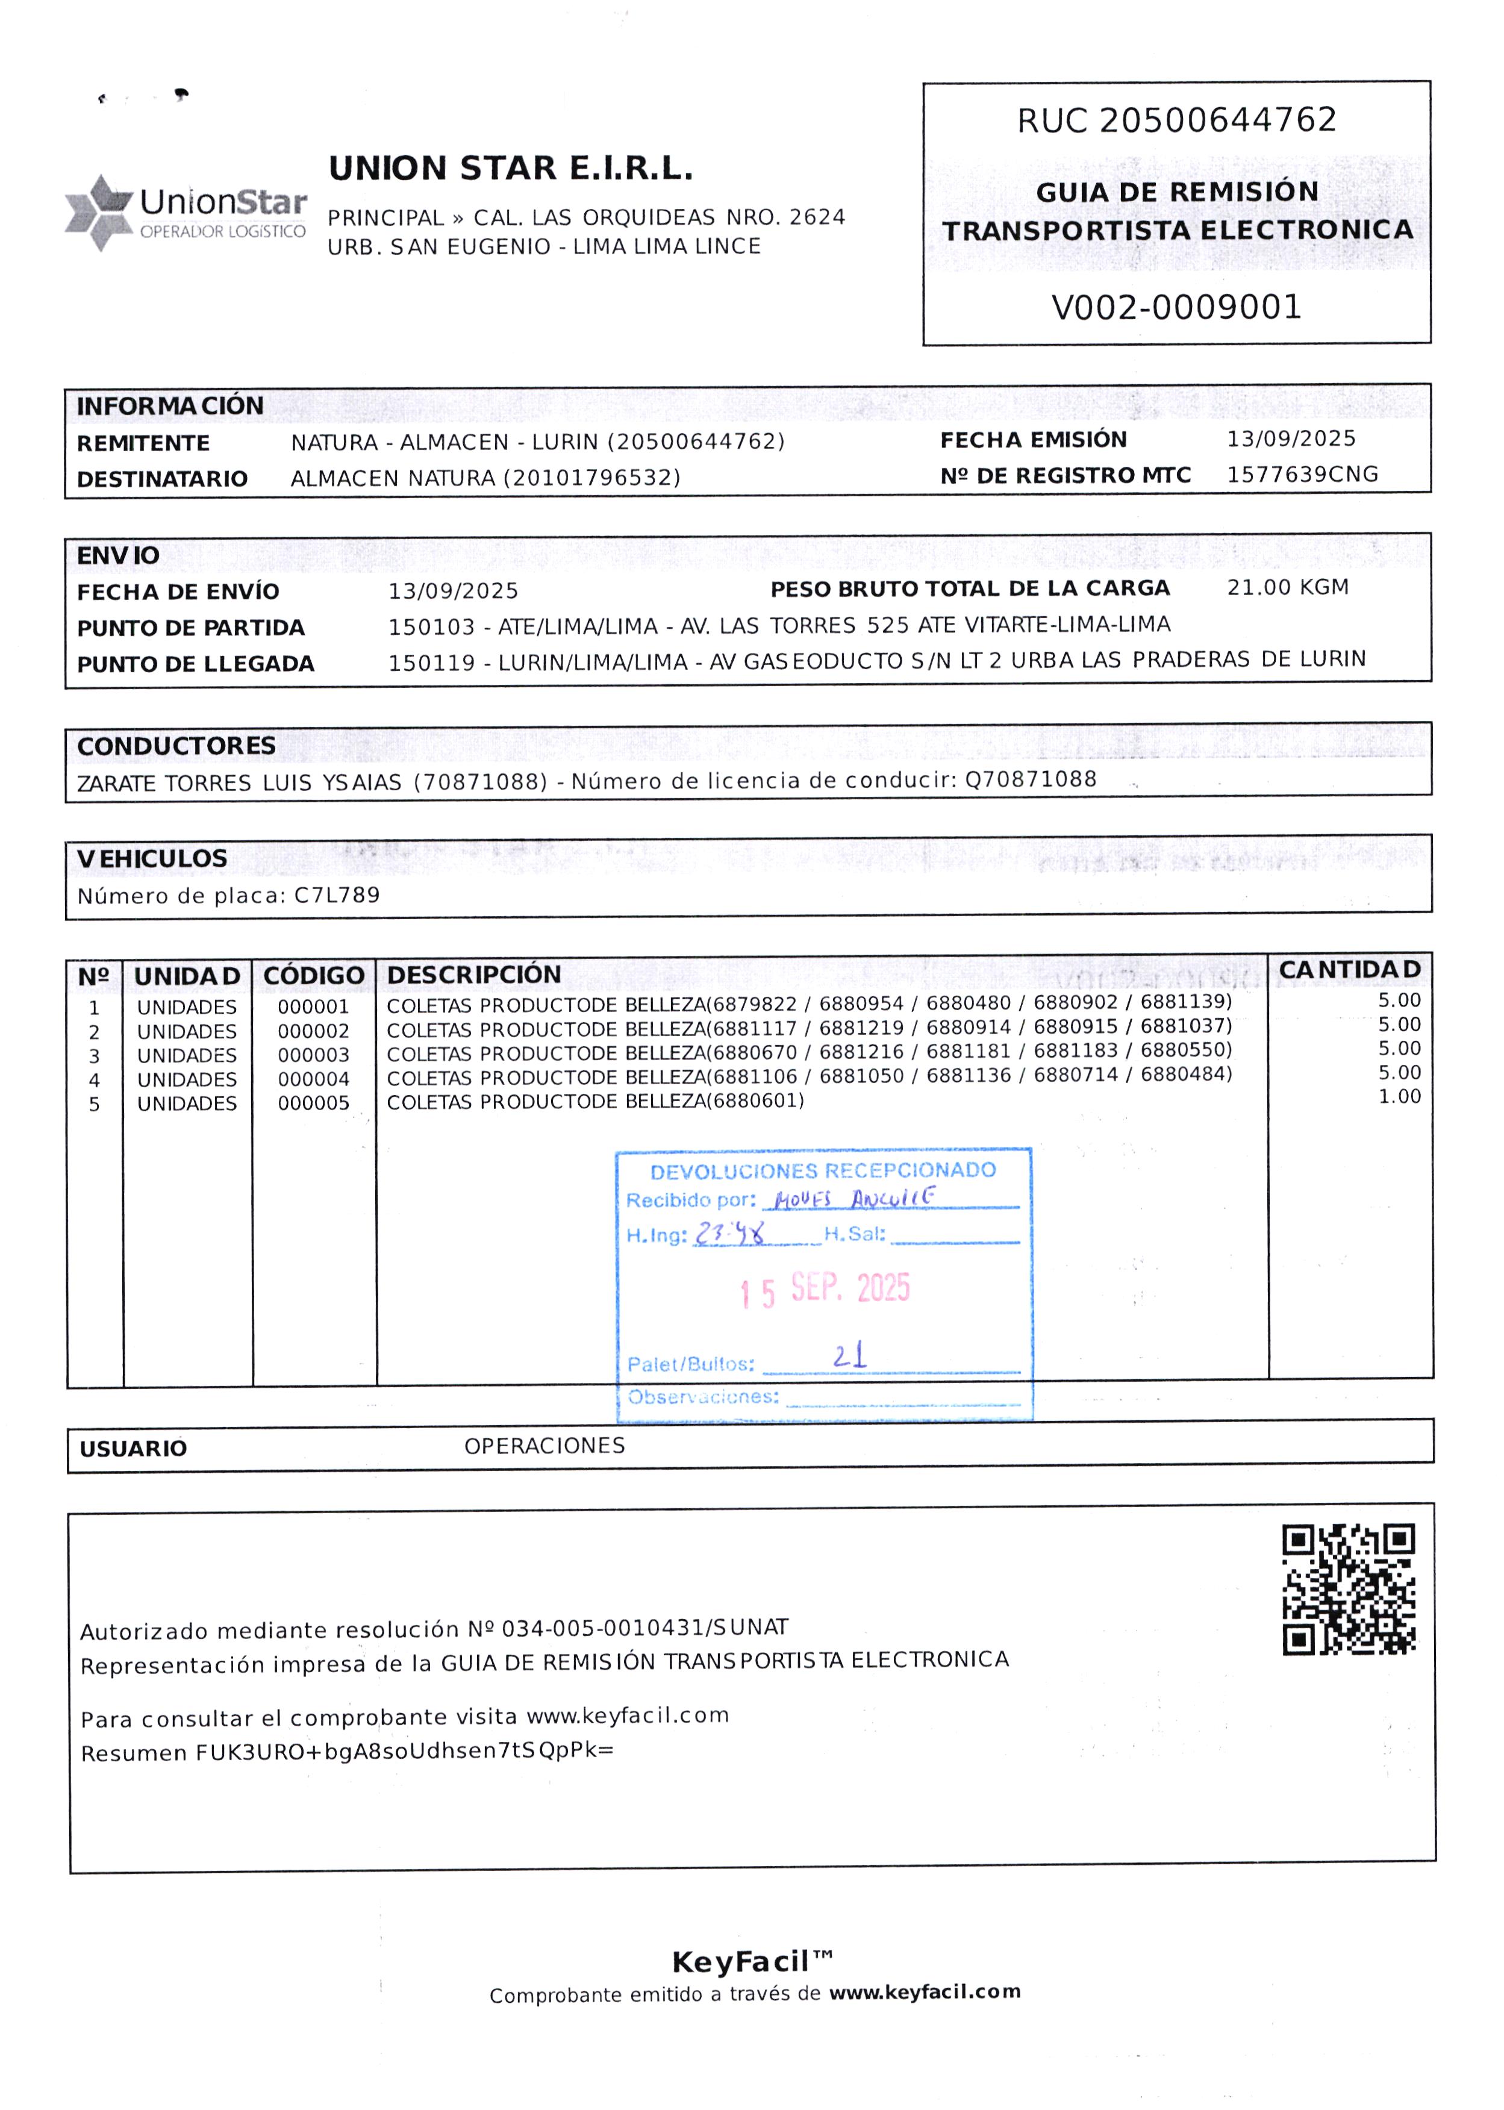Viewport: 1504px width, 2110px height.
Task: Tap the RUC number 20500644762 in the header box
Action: point(1218,120)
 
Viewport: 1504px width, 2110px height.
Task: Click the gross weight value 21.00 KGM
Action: point(1287,587)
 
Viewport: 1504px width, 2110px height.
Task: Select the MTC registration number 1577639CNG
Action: point(1302,474)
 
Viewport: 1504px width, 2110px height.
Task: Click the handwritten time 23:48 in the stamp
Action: point(731,1233)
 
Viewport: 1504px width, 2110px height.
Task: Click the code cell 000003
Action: point(313,1055)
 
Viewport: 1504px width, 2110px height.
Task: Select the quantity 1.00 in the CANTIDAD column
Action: point(1399,1097)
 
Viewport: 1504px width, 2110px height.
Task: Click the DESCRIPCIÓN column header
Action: point(473,975)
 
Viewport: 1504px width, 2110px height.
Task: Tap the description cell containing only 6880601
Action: point(594,1101)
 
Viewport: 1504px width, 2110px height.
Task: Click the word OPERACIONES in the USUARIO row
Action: point(544,1446)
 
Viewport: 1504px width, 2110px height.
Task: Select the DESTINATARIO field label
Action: point(162,479)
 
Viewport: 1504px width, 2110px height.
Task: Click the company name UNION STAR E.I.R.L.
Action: point(510,169)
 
